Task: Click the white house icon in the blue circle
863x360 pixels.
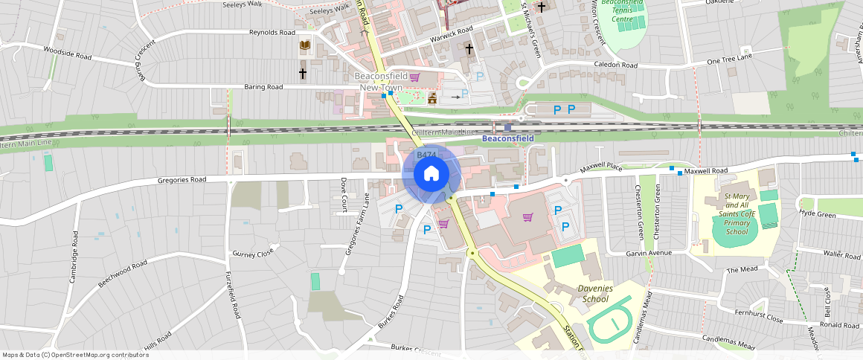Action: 431,174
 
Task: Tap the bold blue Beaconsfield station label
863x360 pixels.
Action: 507,138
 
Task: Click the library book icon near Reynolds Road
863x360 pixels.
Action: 304,46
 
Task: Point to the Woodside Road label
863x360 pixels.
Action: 67,53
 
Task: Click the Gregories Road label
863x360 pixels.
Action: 182,180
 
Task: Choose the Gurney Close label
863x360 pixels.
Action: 253,254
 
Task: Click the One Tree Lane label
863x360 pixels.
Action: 730,59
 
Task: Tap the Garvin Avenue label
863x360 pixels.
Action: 648,253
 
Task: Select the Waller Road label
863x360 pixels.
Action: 842,254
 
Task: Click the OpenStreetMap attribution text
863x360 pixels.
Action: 76,355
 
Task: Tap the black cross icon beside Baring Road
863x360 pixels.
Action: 303,74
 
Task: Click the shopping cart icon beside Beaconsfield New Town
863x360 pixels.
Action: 414,77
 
